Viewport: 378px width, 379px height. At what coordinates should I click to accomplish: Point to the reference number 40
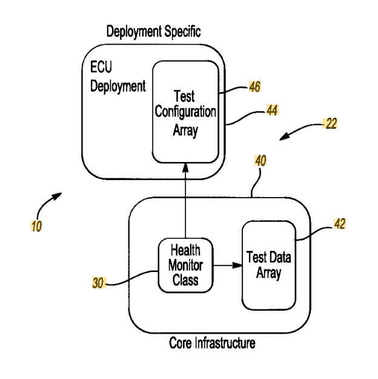(x=260, y=160)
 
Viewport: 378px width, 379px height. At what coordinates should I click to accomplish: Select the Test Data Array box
(x=269, y=265)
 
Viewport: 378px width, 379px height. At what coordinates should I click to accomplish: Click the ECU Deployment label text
(x=117, y=78)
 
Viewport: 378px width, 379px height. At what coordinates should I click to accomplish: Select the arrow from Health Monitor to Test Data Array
(x=225, y=265)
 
